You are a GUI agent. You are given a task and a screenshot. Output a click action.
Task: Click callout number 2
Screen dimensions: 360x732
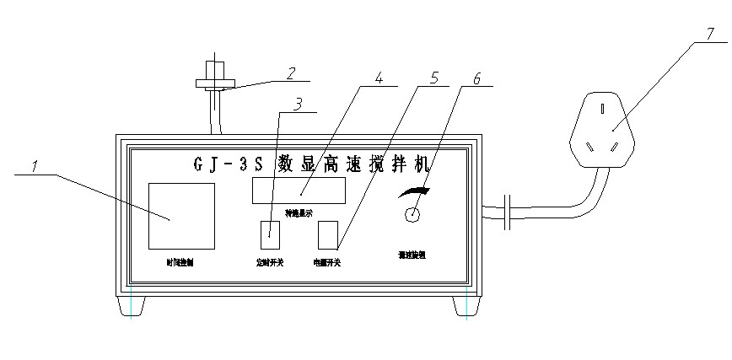point(290,73)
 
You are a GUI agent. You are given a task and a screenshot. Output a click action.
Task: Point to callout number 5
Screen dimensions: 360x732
point(433,78)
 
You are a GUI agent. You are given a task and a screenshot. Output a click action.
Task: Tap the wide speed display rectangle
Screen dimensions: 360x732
point(299,191)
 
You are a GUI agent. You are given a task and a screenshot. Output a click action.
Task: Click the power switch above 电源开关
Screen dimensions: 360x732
point(327,234)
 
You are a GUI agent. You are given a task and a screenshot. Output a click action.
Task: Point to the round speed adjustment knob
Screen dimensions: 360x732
point(412,214)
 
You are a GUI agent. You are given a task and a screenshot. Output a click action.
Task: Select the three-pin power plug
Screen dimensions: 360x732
point(602,130)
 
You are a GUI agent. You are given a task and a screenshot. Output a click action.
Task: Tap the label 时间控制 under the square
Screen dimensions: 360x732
point(180,262)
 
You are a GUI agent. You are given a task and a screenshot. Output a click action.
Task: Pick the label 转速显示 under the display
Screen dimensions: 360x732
point(299,212)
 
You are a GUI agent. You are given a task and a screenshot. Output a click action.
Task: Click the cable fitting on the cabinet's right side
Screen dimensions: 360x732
point(506,212)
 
